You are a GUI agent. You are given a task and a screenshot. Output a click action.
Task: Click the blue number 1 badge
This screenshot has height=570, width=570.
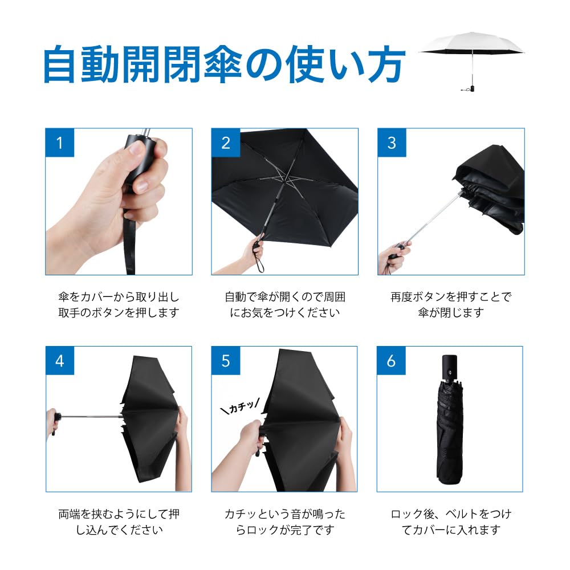tap(60, 142)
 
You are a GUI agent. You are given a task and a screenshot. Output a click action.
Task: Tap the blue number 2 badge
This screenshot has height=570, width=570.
tap(226, 142)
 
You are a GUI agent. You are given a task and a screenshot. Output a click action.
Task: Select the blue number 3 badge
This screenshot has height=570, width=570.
tap(392, 142)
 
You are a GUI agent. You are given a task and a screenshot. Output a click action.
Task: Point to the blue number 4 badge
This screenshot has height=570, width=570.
tap(60, 361)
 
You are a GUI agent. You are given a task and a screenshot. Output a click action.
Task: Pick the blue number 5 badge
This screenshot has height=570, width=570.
tap(226, 361)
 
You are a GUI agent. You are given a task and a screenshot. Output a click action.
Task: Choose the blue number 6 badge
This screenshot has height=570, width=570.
tap(392, 361)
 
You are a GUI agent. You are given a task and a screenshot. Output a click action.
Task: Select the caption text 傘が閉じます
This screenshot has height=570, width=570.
tap(450, 312)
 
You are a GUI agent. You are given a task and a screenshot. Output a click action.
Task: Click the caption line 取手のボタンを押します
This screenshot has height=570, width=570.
tap(119, 312)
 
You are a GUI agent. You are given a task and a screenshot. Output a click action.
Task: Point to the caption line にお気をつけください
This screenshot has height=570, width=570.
tap(284, 312)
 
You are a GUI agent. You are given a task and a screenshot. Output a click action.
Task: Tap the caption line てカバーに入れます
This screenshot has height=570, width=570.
tap(450, 530)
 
